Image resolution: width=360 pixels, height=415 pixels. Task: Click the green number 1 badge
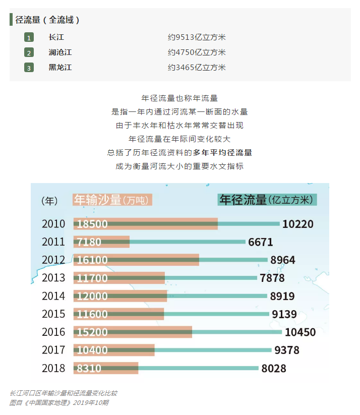pos(29,38)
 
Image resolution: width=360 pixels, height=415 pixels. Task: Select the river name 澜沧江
pos(60,52)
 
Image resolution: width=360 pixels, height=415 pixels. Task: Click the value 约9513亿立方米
pos(197,37)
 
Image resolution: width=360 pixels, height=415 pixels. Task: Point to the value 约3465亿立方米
pos(197,68)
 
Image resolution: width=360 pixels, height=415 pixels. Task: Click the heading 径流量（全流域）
pos(47,20)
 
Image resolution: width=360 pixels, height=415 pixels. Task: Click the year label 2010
pos(53,224)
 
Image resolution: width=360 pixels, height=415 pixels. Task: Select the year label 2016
pos(53,332)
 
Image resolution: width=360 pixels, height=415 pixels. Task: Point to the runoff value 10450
pos(300,332)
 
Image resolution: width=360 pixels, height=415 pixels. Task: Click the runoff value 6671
pos(260,243)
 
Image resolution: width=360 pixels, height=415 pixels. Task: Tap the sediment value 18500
pos(92,224)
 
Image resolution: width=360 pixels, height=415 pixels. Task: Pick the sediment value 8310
pos(89,369)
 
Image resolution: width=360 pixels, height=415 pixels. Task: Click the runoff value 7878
pos(272,278)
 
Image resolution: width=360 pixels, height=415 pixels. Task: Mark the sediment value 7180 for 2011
pos(89,243)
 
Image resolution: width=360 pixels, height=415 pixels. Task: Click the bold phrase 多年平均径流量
pos(222,152)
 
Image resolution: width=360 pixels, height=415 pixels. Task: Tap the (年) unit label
pos(49,200)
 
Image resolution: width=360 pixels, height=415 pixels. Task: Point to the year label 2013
pos(53,278)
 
